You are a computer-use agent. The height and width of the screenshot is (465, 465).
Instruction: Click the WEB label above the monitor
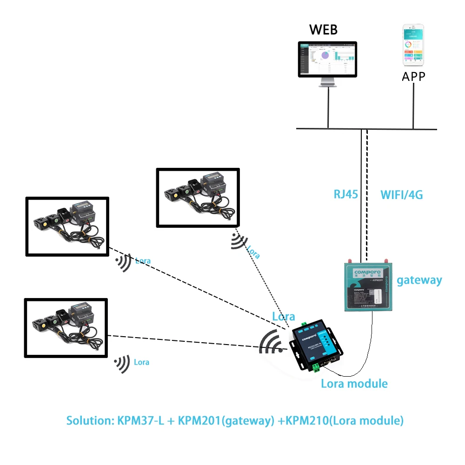click(324, 30)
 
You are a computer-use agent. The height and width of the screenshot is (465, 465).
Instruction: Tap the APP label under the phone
click(413, 76)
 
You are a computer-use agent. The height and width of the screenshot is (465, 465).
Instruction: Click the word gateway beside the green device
click(419, 280)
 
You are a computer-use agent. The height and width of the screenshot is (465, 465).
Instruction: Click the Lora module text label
click(354, 384)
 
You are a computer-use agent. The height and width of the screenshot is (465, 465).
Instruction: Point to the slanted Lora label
click(253, 252)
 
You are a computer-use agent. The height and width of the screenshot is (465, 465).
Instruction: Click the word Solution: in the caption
click(90, 420)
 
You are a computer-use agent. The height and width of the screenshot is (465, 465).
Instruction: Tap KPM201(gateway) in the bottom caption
click(225, 420)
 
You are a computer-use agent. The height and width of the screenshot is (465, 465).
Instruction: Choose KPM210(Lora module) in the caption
click(345, 420)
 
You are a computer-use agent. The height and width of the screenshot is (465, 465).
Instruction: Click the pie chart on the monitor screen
click(325, 55)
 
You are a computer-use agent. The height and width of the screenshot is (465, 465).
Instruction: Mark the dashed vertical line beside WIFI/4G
click(367, 186)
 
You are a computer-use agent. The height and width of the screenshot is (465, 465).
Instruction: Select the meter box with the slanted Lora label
click(198, 198)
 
